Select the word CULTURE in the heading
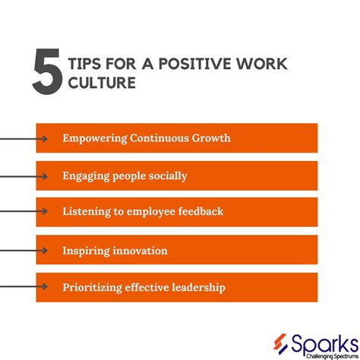coord(103,83)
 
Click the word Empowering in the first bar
coord(93,138)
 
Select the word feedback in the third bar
coord(199,211)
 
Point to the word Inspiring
coord(87,250)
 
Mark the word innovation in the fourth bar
coord(141,250)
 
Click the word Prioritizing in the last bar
coord(93,287)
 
